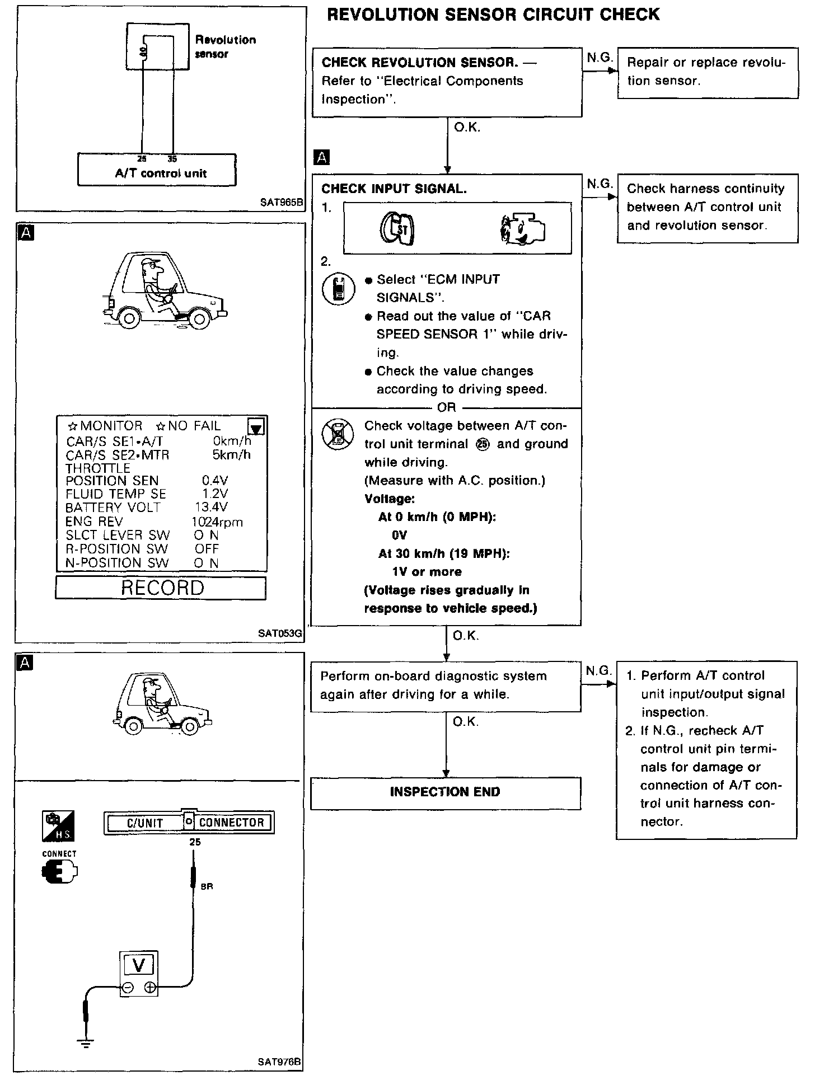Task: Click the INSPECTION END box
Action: (x=446, y=792)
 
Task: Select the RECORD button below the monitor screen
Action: (x=161, y=588)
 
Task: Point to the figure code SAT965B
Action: (x=280, y=203)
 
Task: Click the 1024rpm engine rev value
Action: (x=217, y=522)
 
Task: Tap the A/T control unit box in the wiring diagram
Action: (x=157, y=170)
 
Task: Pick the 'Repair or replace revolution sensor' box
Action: (x=708, y=73)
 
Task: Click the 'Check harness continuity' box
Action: (x=708, y=208)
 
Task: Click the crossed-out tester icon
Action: (x=338, y=434)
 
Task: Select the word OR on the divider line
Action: (x=447, y=407)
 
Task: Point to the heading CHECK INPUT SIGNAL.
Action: (x=394, y=189)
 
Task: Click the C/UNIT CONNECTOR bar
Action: (x=189, y=823)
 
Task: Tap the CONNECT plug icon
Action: (x=59, y=872)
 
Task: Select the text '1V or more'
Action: (x=427, y=572)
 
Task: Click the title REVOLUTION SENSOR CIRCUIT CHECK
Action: (x=493, y=15)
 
